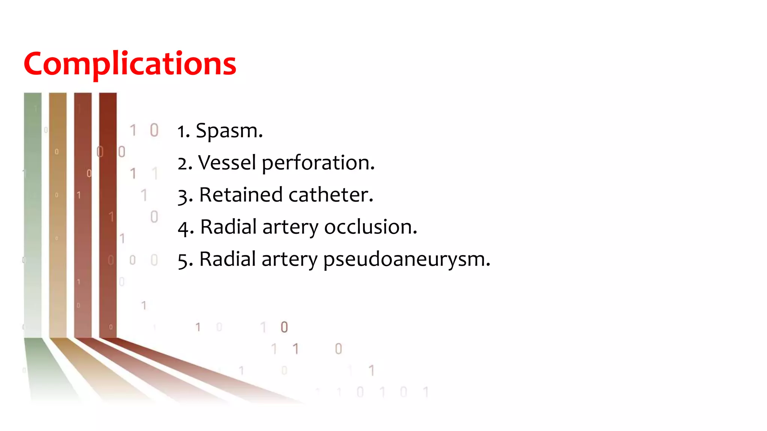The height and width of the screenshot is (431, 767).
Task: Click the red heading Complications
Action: tap(130, 64)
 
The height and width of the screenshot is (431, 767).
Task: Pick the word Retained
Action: tap(240, 195)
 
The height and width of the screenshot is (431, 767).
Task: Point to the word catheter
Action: tap(330, 195)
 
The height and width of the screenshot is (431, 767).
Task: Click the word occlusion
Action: tap(370, 227)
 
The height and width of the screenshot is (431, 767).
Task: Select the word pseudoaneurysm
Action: tap(405, 260)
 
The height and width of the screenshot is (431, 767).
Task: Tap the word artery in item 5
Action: tap(289, 260)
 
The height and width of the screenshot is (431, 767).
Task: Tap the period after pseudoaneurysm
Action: tap(488, 265)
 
